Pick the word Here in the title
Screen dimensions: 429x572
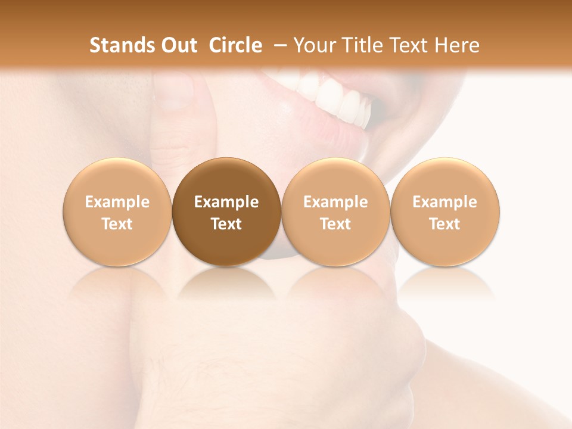tap(458, 45)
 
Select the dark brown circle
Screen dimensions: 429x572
tap(226, 212)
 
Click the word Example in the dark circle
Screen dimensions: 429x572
tap(226, 202)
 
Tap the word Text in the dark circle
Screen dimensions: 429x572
tap(226, 224)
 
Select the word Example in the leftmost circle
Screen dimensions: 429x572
tap(117, 202)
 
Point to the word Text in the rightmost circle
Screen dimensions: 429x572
tap(445, 224)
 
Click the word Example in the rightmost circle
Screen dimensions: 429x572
tap(445, 202)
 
